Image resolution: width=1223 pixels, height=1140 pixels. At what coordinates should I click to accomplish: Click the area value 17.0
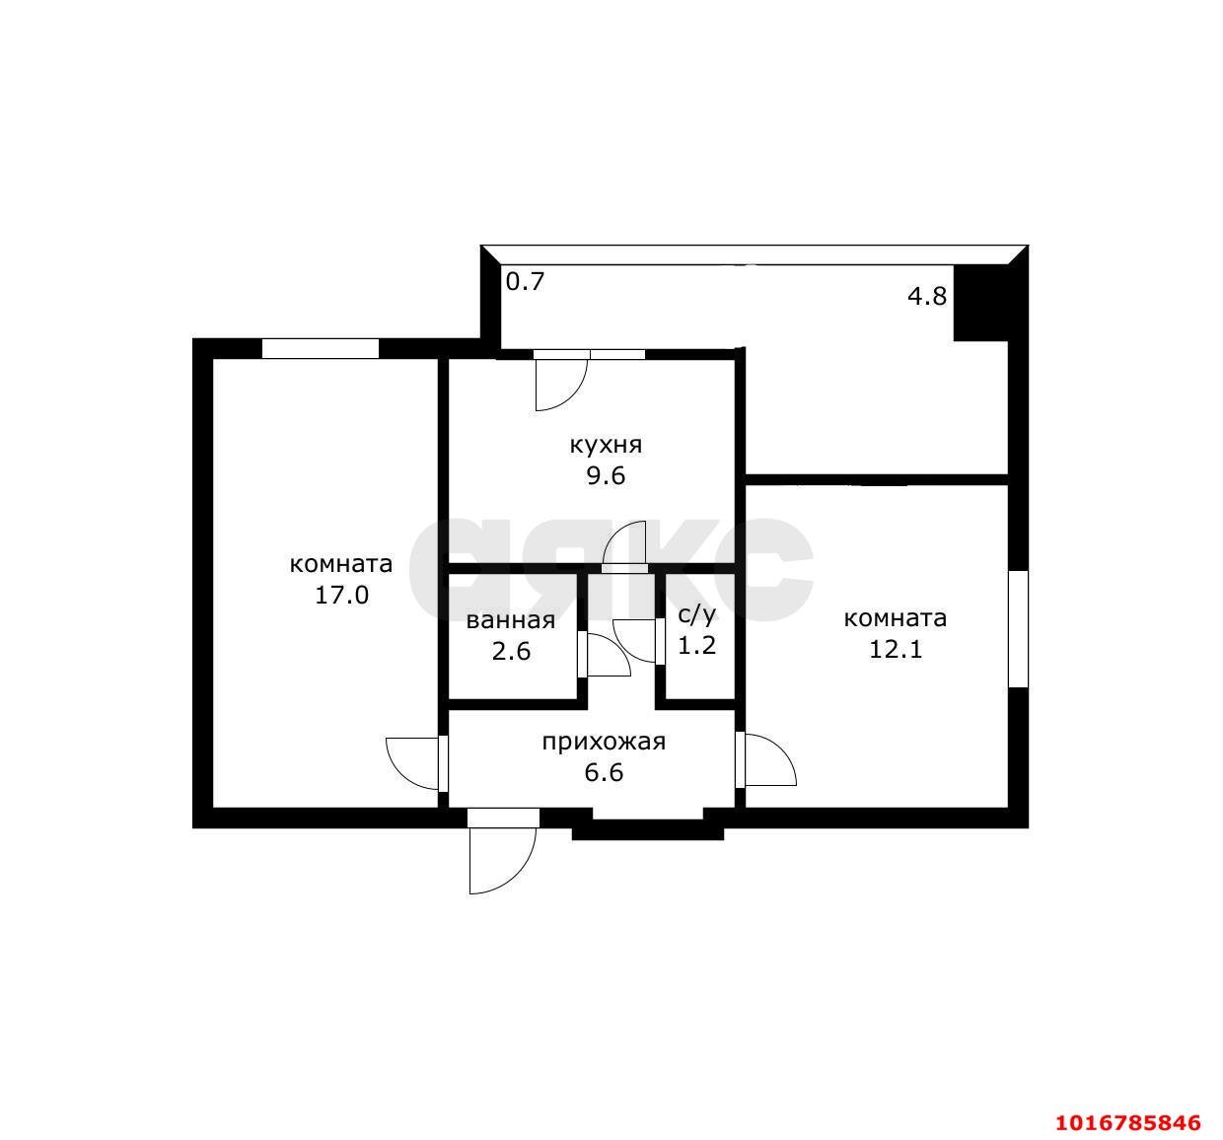click(x=342, y=596)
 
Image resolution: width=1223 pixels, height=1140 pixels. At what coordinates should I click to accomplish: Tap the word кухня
click(x=606, y=446)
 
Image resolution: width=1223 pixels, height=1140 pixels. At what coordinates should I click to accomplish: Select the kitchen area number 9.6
click(x=606, y=476)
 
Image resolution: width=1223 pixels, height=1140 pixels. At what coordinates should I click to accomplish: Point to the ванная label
click(x=511, y=621)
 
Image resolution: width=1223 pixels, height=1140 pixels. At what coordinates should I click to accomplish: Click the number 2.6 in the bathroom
click(x=511, y=651)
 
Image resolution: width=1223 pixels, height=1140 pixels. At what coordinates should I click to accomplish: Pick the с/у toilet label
click(x=696, y=615)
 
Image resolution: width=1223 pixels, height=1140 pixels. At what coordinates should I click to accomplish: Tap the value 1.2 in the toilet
click(x=697, y=646)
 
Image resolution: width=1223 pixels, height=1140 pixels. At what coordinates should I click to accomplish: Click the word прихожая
click(x=605, y=743)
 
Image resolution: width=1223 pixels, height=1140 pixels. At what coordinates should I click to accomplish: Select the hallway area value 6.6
click(x=605, y=772)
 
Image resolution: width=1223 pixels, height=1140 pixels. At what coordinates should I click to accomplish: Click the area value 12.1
click(x=896, y=650)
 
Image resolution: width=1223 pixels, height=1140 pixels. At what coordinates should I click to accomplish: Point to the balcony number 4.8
click(x=927, y=296)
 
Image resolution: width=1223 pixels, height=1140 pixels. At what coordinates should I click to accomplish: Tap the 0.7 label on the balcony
click(x=526, y=281)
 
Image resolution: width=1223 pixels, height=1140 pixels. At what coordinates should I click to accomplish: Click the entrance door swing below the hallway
click(x=502, y=860)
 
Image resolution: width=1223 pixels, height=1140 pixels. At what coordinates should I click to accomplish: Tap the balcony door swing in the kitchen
click(x=561, y=385)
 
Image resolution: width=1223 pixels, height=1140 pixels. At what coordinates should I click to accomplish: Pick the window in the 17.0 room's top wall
click(x=321, y=348)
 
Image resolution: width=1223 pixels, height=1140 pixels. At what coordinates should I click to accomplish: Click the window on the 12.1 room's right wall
click(x=1018, y=629)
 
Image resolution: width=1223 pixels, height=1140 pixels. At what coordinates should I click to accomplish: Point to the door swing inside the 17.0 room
click(x=412, y=763)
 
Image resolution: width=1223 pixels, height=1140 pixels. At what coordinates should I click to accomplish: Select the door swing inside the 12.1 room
click(x=770, y=760)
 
